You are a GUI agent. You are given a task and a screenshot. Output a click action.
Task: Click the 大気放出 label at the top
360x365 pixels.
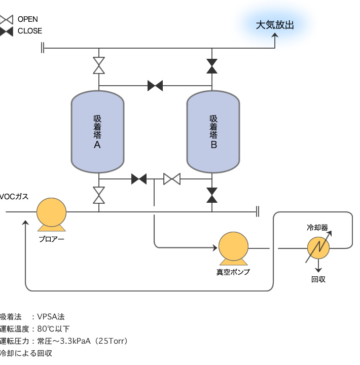tap(275, 25)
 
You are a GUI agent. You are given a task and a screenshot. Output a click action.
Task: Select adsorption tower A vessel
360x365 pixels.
tap(97, 131)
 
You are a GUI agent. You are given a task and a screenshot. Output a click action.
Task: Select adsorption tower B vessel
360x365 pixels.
tap(213, 131)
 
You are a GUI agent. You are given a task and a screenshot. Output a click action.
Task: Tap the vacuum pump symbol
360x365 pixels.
tap(233, 247)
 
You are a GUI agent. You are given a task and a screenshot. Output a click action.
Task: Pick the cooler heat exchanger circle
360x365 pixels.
tap(318, 247)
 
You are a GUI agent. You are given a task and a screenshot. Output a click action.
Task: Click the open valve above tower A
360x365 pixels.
tap(99, 65)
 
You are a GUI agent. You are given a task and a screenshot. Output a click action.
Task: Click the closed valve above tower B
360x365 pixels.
tap(212, 65)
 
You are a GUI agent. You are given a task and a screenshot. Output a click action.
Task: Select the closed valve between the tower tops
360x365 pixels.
tap(155, 86)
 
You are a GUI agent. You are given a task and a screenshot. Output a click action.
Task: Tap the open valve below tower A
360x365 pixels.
tap(99, 195)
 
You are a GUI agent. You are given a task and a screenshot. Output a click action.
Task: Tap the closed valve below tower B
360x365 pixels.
tap(212, 195)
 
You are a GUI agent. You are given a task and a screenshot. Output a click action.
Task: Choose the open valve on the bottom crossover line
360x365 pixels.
tap(172, 179)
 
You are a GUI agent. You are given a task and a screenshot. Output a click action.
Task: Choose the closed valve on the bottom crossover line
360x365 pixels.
tap(139, 179)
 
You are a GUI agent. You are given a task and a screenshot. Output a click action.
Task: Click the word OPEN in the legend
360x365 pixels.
tap(28, 19)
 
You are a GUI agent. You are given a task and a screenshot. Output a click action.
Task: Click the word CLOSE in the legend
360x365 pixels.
tap(30, 31)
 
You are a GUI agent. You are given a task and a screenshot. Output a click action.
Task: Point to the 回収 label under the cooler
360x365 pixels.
tap(318, 279)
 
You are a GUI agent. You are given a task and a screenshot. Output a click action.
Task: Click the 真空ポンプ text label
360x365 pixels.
tap(233, 272)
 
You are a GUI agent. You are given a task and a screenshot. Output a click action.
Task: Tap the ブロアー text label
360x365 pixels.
tap(52, 238)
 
